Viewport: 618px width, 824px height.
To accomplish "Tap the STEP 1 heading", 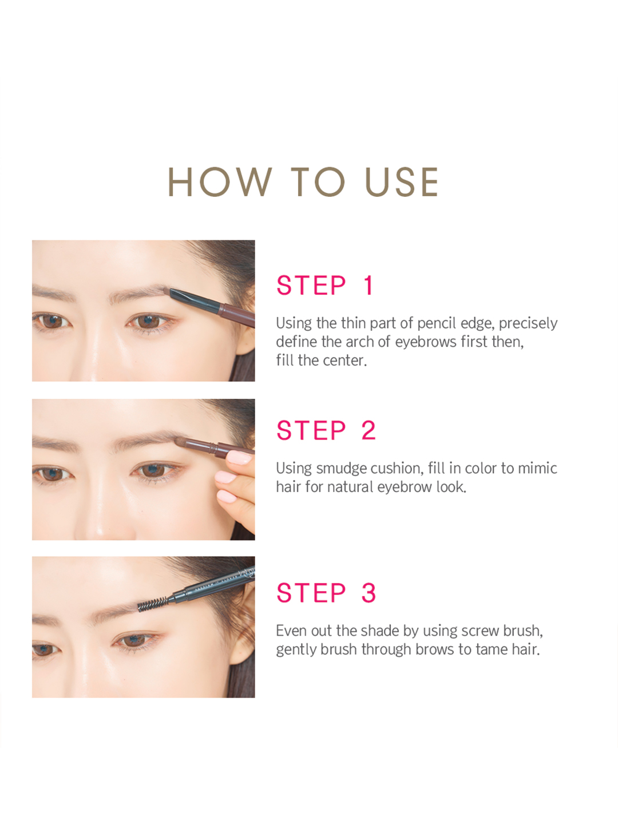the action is (325, 285).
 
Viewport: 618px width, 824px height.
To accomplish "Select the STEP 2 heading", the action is (326, 430).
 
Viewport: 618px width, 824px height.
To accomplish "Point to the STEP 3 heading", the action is (326, 593).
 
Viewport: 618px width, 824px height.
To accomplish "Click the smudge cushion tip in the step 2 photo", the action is (181, 441).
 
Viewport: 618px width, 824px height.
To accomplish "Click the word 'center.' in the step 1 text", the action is (345, 360).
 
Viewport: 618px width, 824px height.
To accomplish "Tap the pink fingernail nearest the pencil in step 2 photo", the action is (239, 458).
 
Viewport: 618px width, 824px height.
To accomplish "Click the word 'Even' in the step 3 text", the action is (292, 631).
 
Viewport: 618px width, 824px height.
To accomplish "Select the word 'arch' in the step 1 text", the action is (359, 342).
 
